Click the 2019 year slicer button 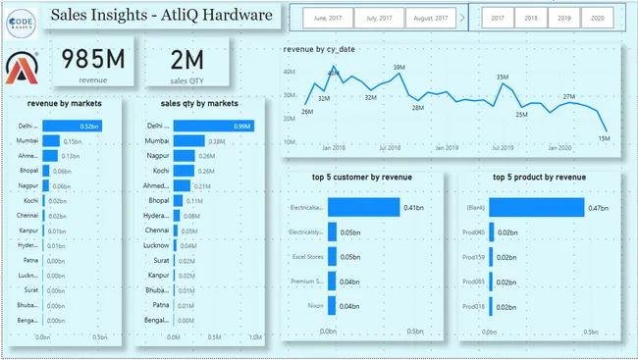[562, 19]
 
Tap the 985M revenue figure [93, 59]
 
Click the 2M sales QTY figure [189, 59]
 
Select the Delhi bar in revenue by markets [72, 127]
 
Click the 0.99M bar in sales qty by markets [214, 127]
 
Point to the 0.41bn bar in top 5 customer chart [364, 207]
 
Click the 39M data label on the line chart [399, 68]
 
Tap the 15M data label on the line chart [605, 138]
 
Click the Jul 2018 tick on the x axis [390, 148]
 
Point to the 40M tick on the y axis [290, 72]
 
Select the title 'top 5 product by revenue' [539, 177]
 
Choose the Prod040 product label [474, 232]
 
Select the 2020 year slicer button [594, 19]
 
